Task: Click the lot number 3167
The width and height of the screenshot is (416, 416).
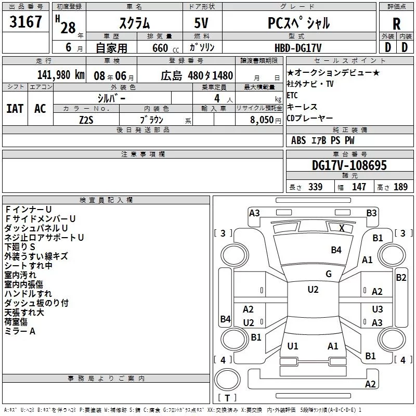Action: click(25, 22)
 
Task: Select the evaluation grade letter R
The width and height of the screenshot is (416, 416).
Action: click(396, 24)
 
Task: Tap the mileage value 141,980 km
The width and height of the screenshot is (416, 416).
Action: click(61, 75)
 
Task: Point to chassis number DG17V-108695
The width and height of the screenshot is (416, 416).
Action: click(349, 165)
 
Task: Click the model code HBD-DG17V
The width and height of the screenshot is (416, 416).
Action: click(298, 48)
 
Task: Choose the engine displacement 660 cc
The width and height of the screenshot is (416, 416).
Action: click(165, 48)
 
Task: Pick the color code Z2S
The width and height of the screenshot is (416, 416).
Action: click(86, 120)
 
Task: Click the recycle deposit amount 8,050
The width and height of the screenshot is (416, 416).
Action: click(262, 120)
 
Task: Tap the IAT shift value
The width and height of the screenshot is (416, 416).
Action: click(15, 109)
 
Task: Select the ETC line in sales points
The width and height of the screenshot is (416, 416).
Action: click(292, 95)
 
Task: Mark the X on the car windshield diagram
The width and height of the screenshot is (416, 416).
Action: click(342, 228)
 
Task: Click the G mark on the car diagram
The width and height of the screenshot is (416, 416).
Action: click(329, 274)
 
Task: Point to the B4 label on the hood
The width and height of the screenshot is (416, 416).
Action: click(336, 250)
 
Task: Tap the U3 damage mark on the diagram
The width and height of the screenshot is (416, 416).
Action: click(378, 309)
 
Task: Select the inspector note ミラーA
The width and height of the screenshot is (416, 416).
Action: click(20, 331)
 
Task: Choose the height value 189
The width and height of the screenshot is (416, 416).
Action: click(400, 187)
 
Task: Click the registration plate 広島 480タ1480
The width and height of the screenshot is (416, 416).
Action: click(197, 75)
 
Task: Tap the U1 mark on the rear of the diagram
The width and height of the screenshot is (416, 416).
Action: click(293, 346)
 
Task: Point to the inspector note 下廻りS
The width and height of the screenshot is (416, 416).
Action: click(20, 246)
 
